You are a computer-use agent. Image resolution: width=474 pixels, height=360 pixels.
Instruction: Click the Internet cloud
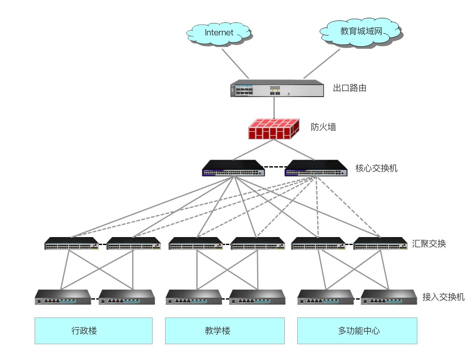pos(219,32)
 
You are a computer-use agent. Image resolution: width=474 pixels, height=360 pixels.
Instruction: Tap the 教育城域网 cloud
pos(361,31)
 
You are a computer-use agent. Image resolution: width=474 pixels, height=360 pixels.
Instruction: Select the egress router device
pos(277,88)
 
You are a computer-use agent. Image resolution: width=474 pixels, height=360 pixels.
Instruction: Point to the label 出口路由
pos(349,88)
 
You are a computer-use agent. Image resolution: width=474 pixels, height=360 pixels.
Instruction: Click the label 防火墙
pos(323,127)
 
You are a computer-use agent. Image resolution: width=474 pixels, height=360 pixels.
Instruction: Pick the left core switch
pos(233,168)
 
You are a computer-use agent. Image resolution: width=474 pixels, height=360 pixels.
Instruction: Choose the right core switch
pos(316,168)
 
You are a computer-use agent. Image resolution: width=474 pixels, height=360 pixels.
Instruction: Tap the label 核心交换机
pos(376,168)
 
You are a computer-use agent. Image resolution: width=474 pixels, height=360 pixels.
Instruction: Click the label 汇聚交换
pos(429,244)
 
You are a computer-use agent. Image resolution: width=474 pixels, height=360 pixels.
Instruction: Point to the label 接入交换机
pos(443,297)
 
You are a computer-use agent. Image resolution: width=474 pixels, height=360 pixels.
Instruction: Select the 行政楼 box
pos(93,331)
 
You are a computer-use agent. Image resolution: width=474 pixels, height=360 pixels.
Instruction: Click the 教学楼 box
pos(225,331)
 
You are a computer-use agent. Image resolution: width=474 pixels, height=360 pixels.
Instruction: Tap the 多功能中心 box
pos(357,331)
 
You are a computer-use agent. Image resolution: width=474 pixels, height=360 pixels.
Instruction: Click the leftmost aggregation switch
pos(71,244)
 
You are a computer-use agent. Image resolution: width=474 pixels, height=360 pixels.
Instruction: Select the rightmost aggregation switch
pos(380,244)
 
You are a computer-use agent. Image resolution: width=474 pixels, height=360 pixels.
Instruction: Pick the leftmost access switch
pos(63,297)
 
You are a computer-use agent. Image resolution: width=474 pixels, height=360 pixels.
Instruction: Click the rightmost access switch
pos(389,297)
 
